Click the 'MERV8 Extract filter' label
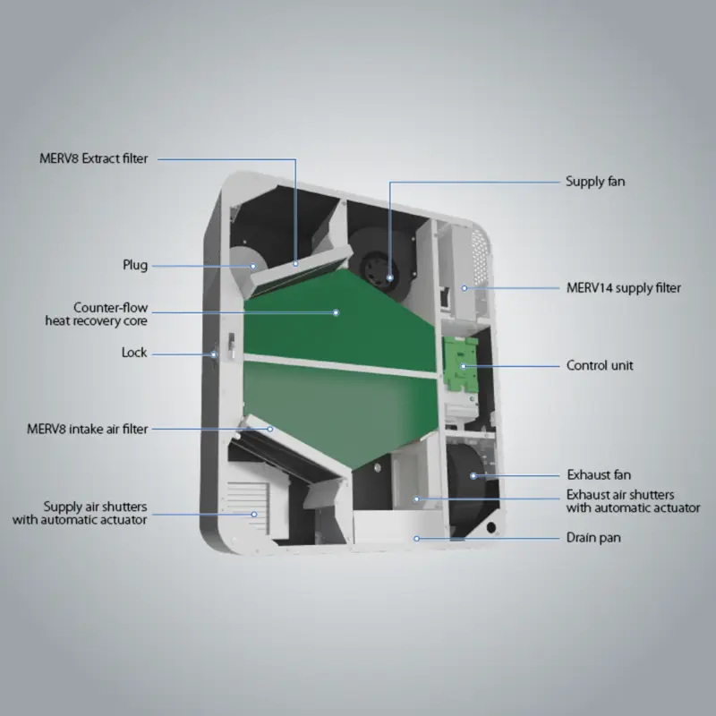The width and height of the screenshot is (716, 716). (x=94, y=158)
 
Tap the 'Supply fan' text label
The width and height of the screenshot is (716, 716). (x=595, y=182)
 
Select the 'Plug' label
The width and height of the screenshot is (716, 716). (x=135, y=265)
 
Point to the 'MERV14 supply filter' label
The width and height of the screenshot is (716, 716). (x=624, y=287)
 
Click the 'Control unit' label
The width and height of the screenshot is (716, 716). (x=600, y=365)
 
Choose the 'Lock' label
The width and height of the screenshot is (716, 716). (x=134, y=353)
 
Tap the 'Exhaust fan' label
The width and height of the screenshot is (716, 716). (x=599, y=475)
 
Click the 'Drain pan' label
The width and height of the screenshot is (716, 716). (x=593, y=538)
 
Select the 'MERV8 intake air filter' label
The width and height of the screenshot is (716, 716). (x=87, y=430)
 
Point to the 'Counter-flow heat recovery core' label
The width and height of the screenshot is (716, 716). (x=96, y=314)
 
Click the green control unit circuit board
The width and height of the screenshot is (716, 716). (x=461, y=364)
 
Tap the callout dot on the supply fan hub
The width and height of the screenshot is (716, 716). (x=389, y=277)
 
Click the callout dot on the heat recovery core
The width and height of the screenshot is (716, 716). (x=337, y=312)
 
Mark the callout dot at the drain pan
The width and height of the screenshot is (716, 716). (x=416, y=539)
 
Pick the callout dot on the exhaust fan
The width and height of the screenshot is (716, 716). (x=473, y=476)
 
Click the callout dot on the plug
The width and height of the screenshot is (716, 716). (x=253, y=266)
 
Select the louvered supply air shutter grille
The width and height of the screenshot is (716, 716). (x=248, y=507)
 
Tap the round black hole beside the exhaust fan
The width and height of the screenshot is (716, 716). (x=490, y=528)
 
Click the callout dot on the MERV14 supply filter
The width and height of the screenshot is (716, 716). (x=464, y=288)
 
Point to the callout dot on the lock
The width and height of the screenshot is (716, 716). (x=213, y=354)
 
